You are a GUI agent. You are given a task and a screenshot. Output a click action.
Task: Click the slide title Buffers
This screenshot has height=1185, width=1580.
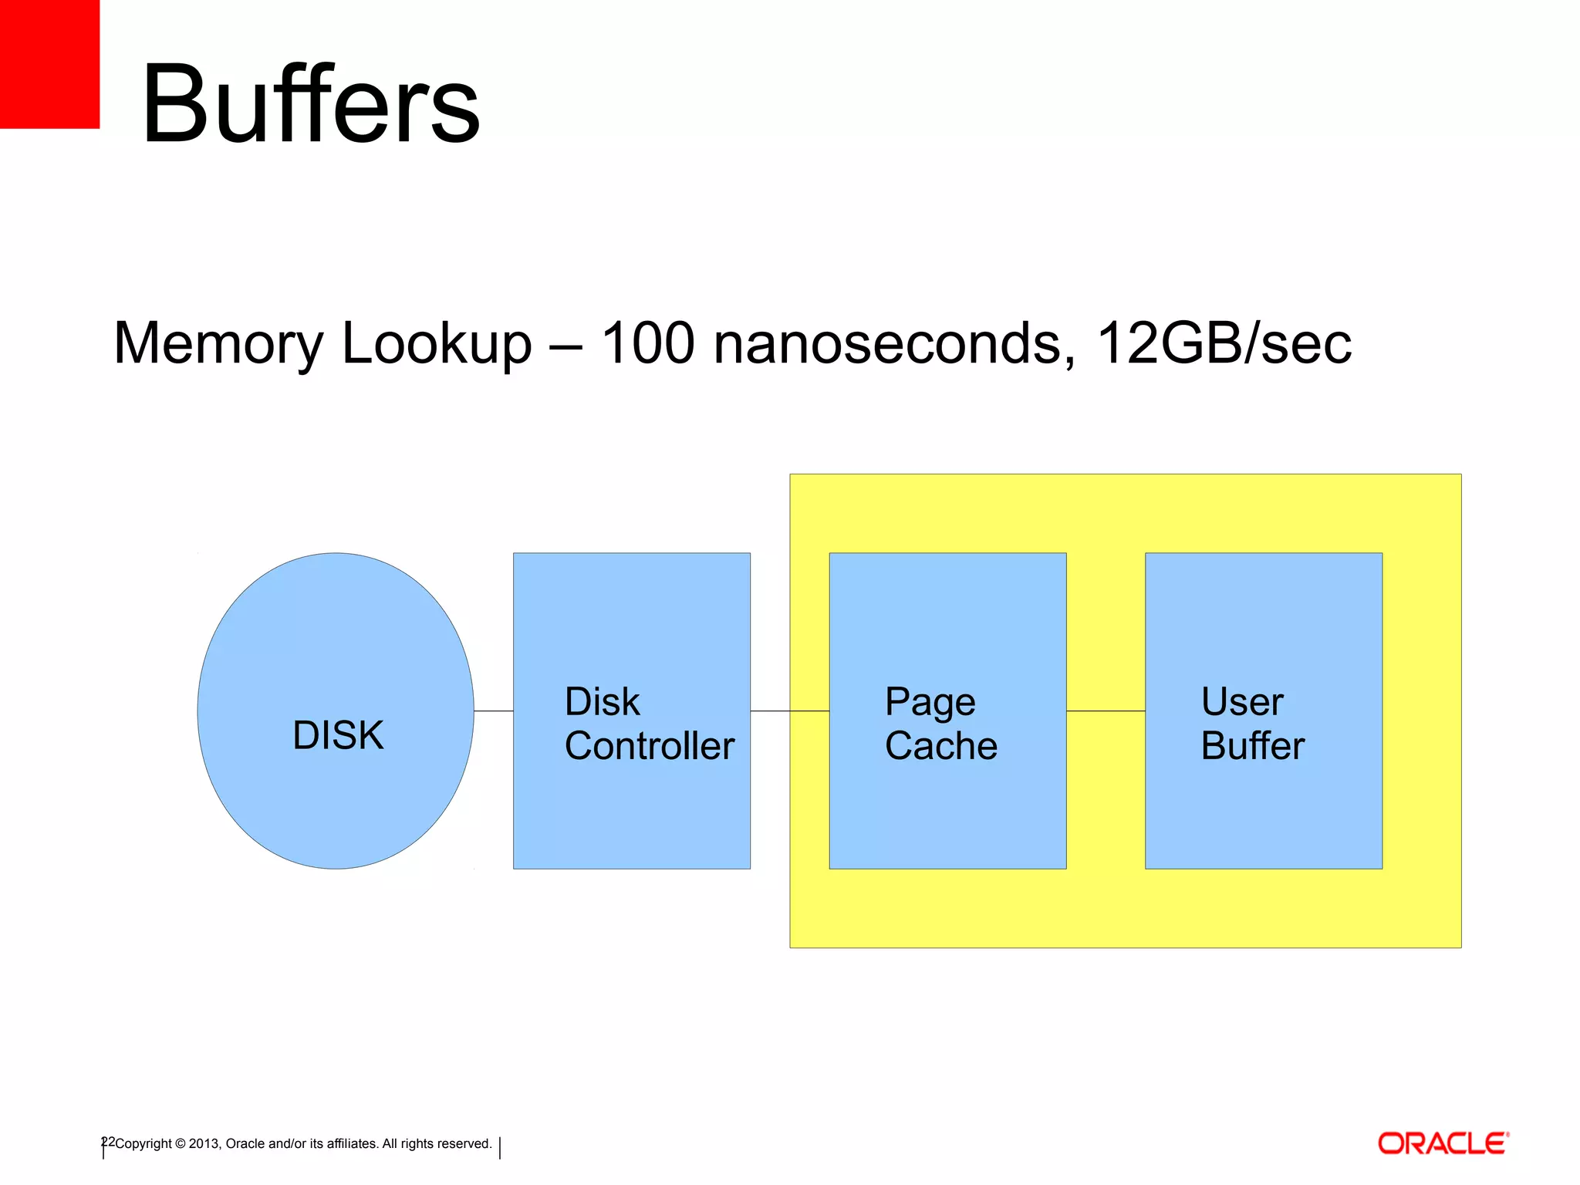coord(310,104)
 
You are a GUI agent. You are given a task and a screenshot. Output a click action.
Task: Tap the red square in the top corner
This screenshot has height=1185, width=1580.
coord(49,63)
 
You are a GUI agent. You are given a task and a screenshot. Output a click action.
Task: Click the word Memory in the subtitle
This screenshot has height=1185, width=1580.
coord(218,344)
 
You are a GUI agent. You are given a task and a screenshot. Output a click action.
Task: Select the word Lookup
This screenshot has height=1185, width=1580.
coord(437,344)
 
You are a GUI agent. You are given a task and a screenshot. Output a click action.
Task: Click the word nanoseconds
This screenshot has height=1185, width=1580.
coord(893,344)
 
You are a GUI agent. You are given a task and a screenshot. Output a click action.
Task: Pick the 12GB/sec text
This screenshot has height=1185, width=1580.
coord(1224,343)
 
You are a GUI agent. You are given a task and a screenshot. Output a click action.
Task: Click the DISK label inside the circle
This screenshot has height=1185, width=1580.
coord(338,735)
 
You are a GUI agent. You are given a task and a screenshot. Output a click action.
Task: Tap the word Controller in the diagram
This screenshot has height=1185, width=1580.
coord(650,746)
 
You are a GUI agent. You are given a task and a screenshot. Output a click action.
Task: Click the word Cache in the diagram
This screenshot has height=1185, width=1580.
coord(941,746)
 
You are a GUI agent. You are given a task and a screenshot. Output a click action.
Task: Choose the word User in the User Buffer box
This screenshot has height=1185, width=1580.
coord(1242,702)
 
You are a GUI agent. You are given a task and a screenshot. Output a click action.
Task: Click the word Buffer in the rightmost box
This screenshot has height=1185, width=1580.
coord(1253,746)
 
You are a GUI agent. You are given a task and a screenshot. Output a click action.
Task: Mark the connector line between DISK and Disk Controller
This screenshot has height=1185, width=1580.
coord(494,711)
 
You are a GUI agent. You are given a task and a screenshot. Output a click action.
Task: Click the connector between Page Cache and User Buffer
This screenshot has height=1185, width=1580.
coord(1106,711)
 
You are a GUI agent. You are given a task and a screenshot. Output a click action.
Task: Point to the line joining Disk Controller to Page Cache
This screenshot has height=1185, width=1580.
coord(788,711)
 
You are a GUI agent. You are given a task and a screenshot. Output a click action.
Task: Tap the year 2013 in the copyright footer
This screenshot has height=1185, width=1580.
coord(204,1144)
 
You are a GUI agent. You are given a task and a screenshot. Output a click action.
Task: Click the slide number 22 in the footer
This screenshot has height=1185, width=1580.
coord(108,1142)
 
